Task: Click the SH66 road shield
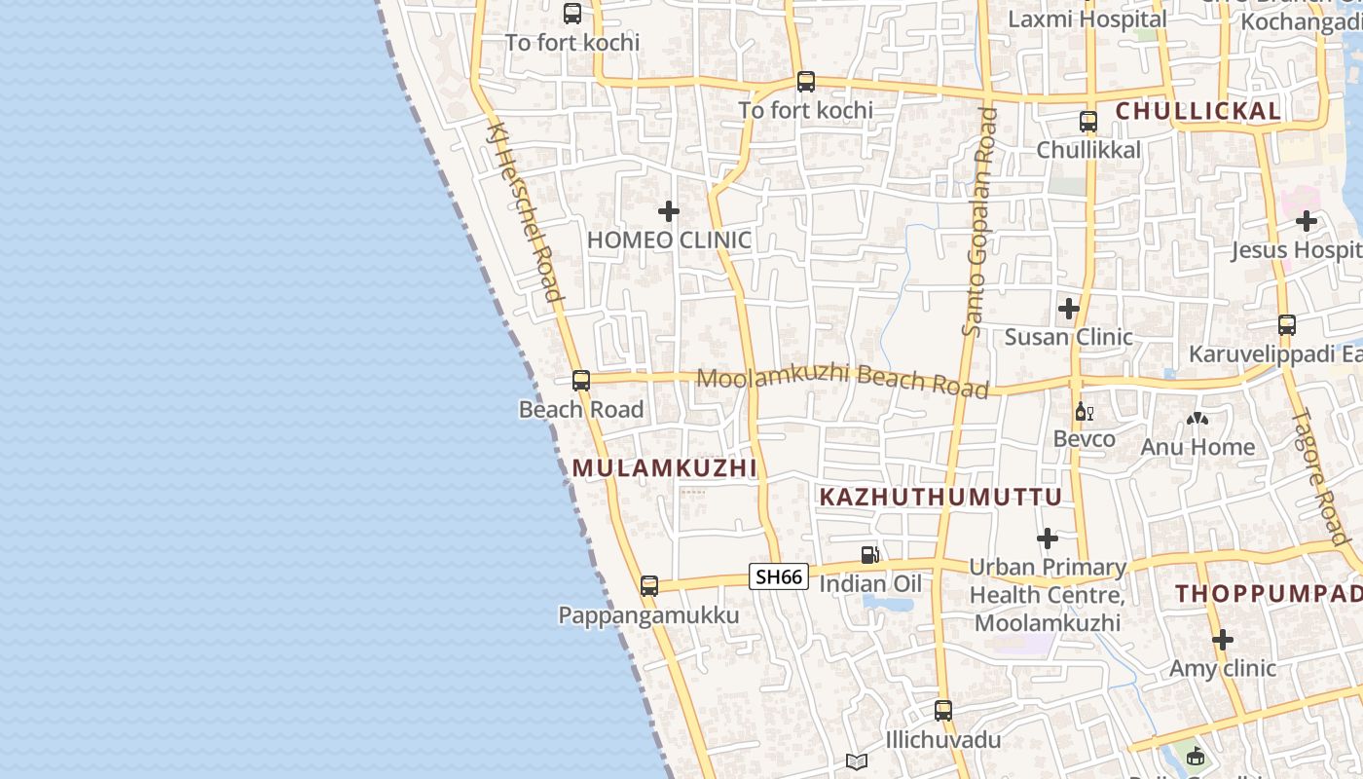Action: (779, 576)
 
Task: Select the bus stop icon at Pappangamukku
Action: (649, 586)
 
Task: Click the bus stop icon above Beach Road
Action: (581, 381)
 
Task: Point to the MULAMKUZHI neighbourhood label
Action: (664, 468)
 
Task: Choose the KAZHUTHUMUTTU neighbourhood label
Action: (940, 498)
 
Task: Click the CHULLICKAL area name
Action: (1197, 111)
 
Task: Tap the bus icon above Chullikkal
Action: (1088, 122)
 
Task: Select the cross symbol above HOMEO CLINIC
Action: (669, 210)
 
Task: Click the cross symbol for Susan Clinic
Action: (1069, 309)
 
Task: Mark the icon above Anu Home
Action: (1197, 420)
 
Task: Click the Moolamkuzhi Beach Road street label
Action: (843, 381)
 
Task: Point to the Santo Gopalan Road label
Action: (980, 222)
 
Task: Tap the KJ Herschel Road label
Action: (525, 212)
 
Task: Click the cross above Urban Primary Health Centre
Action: (1048, 538)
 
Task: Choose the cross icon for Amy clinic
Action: (1223, 640)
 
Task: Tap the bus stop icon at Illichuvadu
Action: (942, 711)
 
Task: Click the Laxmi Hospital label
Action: (1087, 19)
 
